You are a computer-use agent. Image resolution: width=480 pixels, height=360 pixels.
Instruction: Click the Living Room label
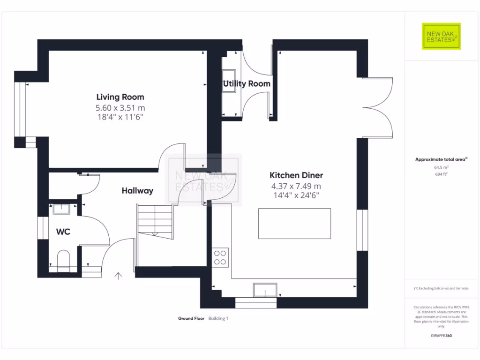click(120, 97)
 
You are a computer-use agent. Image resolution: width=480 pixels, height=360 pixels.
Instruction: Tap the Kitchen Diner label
click(296, 175)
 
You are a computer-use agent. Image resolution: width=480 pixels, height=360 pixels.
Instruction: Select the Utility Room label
click(247, 84)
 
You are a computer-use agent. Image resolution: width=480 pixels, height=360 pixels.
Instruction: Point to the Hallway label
click(137, 191)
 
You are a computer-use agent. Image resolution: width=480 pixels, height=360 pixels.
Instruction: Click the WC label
click(63, 232)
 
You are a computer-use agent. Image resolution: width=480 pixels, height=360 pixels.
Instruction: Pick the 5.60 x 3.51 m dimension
click(120, 108)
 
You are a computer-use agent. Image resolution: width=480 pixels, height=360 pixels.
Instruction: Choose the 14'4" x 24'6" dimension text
click(296, 195)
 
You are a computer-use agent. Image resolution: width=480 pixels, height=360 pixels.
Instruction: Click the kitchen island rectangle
click(294, 224)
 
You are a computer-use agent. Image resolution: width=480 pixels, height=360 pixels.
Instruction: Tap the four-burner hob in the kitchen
click(220, 257)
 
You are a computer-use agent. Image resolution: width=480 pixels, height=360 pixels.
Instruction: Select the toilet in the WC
click(63, 259)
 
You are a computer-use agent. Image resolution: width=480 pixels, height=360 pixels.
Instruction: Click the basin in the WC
click(61, 209)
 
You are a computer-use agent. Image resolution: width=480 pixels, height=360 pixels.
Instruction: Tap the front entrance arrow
click(118, 276)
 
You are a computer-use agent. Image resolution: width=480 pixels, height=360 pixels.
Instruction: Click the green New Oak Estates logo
click(441, 36)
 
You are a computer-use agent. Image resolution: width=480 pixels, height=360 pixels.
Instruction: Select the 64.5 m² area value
click(441, 167)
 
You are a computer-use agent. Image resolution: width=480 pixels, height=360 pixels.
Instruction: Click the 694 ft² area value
click(441, 174)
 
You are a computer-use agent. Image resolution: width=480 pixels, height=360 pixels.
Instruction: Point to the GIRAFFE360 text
click(441, 336)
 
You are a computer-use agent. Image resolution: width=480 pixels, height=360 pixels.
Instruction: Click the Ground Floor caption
click(191, 318)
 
